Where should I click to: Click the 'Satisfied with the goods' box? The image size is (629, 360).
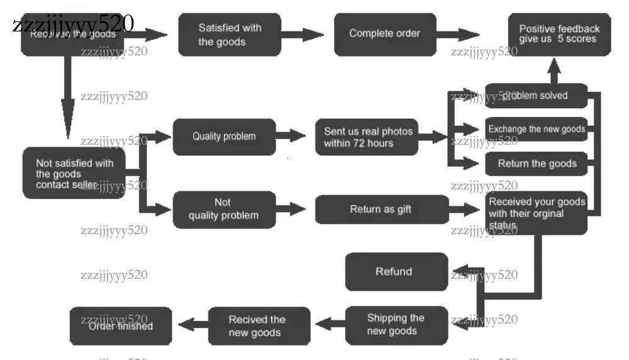coord(229,35)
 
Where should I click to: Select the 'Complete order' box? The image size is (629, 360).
coord(385,34)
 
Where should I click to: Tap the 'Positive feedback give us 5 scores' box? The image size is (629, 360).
coord(559,35)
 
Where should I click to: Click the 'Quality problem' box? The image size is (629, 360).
coord(224,137)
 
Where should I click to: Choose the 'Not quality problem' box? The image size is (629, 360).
coord(224,210)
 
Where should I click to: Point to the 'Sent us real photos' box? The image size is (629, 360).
coord(368,137)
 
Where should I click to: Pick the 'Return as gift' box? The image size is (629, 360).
coord(382,210)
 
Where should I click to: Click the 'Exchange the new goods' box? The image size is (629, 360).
coord(536,130)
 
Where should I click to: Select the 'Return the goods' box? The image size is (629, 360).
coord(536,164)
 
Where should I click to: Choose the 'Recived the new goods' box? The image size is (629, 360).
coord(259,326)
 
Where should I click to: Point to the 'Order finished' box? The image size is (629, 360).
coord(121,326)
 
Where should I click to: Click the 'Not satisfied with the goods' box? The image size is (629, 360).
coord(74,173)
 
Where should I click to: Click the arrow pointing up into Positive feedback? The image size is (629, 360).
coord(554,70)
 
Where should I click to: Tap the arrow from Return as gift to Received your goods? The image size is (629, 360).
coord(466,210)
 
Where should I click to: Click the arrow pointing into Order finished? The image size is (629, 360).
coord(192,325)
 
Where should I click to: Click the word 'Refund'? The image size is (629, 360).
coord(394,272)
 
